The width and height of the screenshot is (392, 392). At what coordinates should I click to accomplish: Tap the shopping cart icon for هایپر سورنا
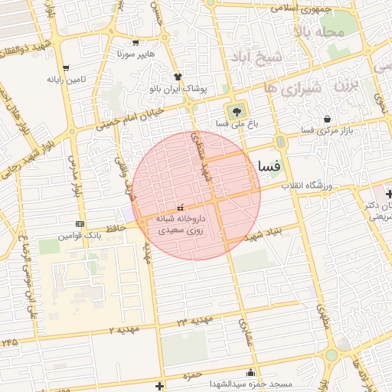click(136, 43)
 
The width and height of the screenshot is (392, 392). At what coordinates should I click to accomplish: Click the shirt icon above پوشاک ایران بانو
click(178, 77)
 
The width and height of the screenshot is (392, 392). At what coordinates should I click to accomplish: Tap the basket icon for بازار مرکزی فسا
click(328, 119)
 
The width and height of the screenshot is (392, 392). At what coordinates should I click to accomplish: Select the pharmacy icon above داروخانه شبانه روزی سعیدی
click(181, 207)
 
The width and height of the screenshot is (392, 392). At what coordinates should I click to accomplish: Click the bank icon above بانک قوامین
click(80, 224)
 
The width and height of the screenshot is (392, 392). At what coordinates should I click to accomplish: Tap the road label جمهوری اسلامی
click(300, 9)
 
